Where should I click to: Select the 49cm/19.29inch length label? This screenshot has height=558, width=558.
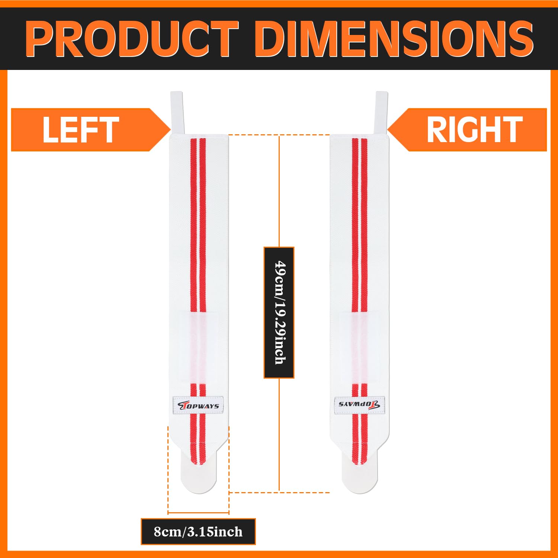tap(279, 312)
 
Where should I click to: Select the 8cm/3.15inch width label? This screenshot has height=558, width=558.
tap(198, 532)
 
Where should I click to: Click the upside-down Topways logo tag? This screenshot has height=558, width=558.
tap(359, 405)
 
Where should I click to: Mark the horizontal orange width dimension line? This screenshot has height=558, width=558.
tap(198, 513)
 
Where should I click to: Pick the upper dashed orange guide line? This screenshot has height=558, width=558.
tap(279, 135)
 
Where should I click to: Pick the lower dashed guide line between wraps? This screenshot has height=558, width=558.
tap(279, 493)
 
